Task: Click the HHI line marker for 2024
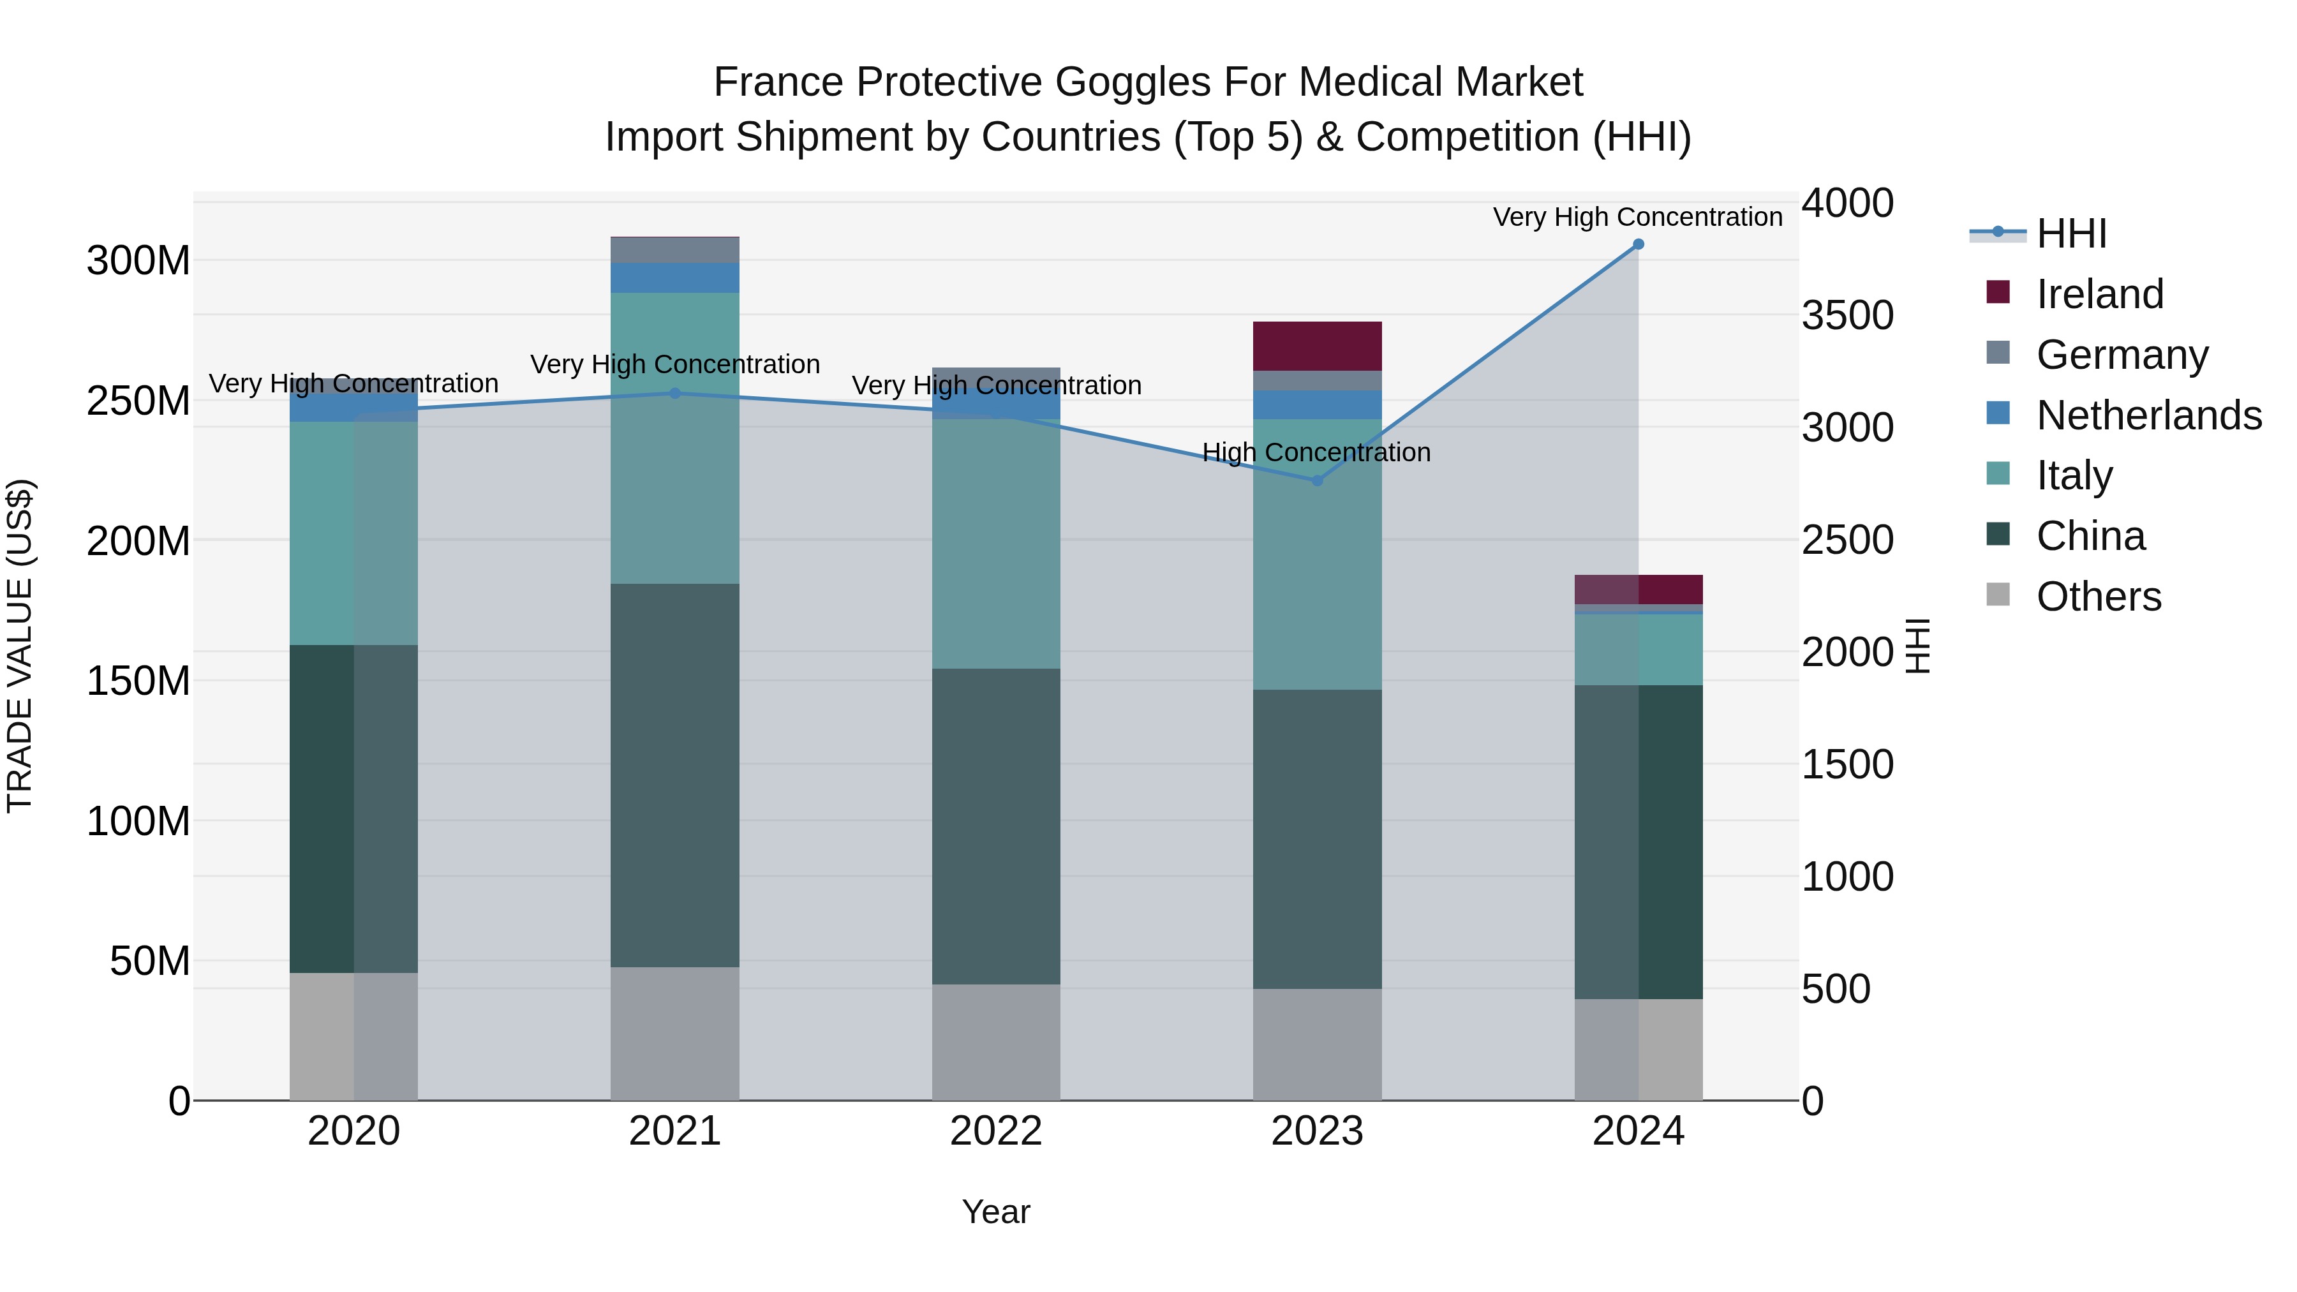click(x=1638, y=244)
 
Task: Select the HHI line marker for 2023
click(x=1317, y=480)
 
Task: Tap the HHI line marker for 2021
click(x=675, y=393)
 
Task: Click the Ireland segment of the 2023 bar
click(x=1317, y=346)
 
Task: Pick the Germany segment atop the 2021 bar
click(x=675, y=249)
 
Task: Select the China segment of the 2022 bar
click(x=996, y=826)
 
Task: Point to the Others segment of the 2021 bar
click(x=675, y=1034)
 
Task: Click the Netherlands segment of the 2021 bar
click(x=675, y=278)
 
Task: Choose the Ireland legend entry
click(x=2099, y=294)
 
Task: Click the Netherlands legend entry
click(x=2148, y=415)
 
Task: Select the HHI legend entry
click(x=2070, y=234)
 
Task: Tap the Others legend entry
click(x=2098, y=597)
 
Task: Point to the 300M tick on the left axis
click(x=138, y=261)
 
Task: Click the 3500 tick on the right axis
click(x=1848, y=316)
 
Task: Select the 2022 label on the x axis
click(x=996, y=1131)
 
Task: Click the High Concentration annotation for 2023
click(x=1316, y=452)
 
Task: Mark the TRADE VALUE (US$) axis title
click(x=20, y=646)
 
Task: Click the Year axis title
click(x=996, y=1212)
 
